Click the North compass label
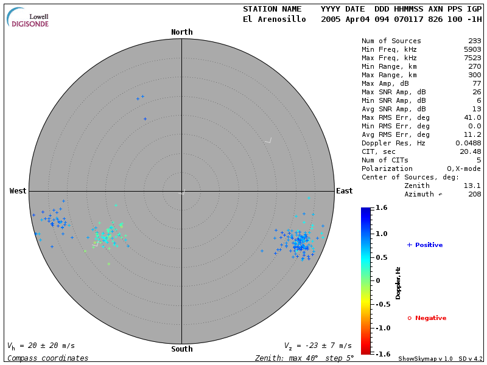click(181, 32)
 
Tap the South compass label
click(181, 349)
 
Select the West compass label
click(18, 191)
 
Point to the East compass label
click(344, 191)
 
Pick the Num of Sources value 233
click(474, 41)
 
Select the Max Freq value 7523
click(472, 58)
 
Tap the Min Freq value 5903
click(472, 50)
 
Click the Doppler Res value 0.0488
click(468, 143)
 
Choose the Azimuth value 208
click(474, 194)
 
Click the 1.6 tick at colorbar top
click(382, 207)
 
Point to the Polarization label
click(387, 169)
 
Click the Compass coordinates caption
click(47, 358)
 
